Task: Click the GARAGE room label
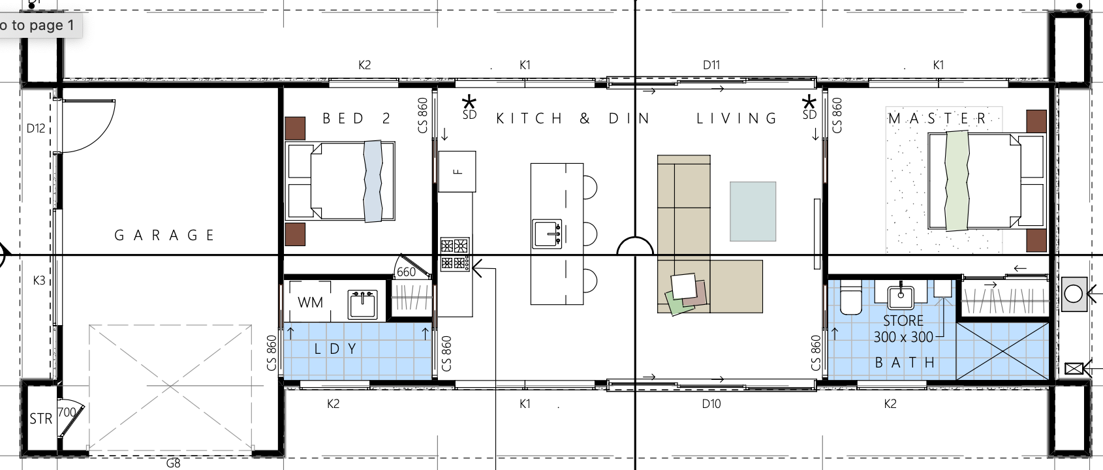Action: (x=164, y=236)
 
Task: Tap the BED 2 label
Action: (x=356, y=118)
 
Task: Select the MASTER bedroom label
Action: (x=937, y=119)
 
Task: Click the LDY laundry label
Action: (x=335, y=349)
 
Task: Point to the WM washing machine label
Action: (x=310, y=302)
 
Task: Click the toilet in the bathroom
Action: (x=850, y=297)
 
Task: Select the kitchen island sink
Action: (x=547, y=234)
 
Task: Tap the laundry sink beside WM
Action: (x=362, y=304)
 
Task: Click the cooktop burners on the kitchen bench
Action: (x=454, y=254)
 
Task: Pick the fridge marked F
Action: (x=457, y=172)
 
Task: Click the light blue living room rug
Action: (x=753, y=211)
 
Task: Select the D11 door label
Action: (x=711, y=65)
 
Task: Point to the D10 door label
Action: (x=711, y=404)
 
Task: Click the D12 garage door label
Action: (x=36, y=129)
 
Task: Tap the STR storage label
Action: (x=41, y=419)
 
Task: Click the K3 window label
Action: (x=39, y=281)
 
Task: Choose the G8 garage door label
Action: (x=174, y=463)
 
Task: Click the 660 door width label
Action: (x=406, y=272)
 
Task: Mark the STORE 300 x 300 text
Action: (x=903, y=328)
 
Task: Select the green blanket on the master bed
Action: (x=957, y=180)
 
